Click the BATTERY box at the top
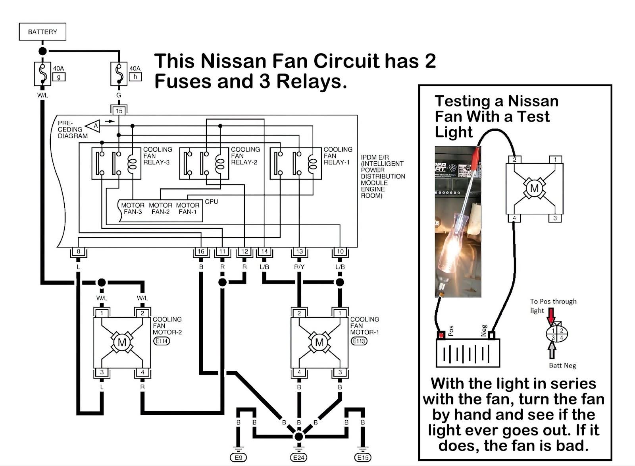(42, 32)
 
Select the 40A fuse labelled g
(42, 74)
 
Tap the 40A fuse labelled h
(118, 74)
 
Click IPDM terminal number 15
(119, 111)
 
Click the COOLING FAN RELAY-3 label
(158, 156)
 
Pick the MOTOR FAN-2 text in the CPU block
(160, 209)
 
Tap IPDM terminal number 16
(201, 251)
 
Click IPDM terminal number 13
(299, 251)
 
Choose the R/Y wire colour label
(299, 267)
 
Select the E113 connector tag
(359, 341)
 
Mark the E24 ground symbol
(299, 457)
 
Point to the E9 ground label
(238, 458)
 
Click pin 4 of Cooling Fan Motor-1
(299, 372)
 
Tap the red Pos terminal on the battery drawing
(441, 335)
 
